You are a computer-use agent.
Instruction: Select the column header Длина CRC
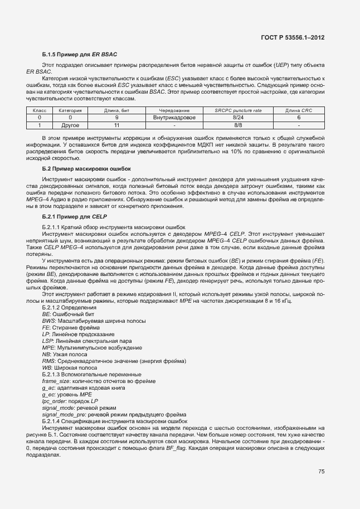(299, 110)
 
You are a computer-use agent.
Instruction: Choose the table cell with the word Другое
(70, 125)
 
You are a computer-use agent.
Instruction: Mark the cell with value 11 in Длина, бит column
(116, 125)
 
